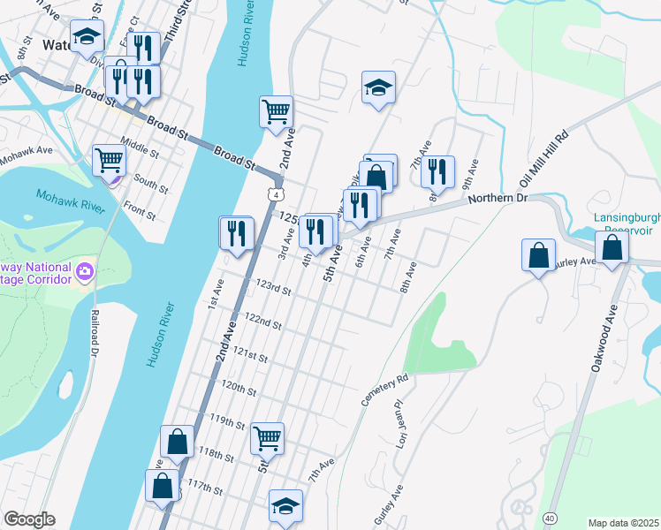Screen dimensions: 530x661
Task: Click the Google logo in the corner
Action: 28,519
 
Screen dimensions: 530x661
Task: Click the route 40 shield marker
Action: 551,517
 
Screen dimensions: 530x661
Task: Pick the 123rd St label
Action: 274,288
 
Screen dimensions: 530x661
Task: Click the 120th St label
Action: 239,388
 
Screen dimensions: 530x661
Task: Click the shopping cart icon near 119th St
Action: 267,436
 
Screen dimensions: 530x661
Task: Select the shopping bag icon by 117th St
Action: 163,485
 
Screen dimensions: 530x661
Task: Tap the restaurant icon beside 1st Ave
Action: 236,231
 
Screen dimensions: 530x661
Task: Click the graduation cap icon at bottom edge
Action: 285,506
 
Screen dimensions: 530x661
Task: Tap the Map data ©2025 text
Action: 624,522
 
